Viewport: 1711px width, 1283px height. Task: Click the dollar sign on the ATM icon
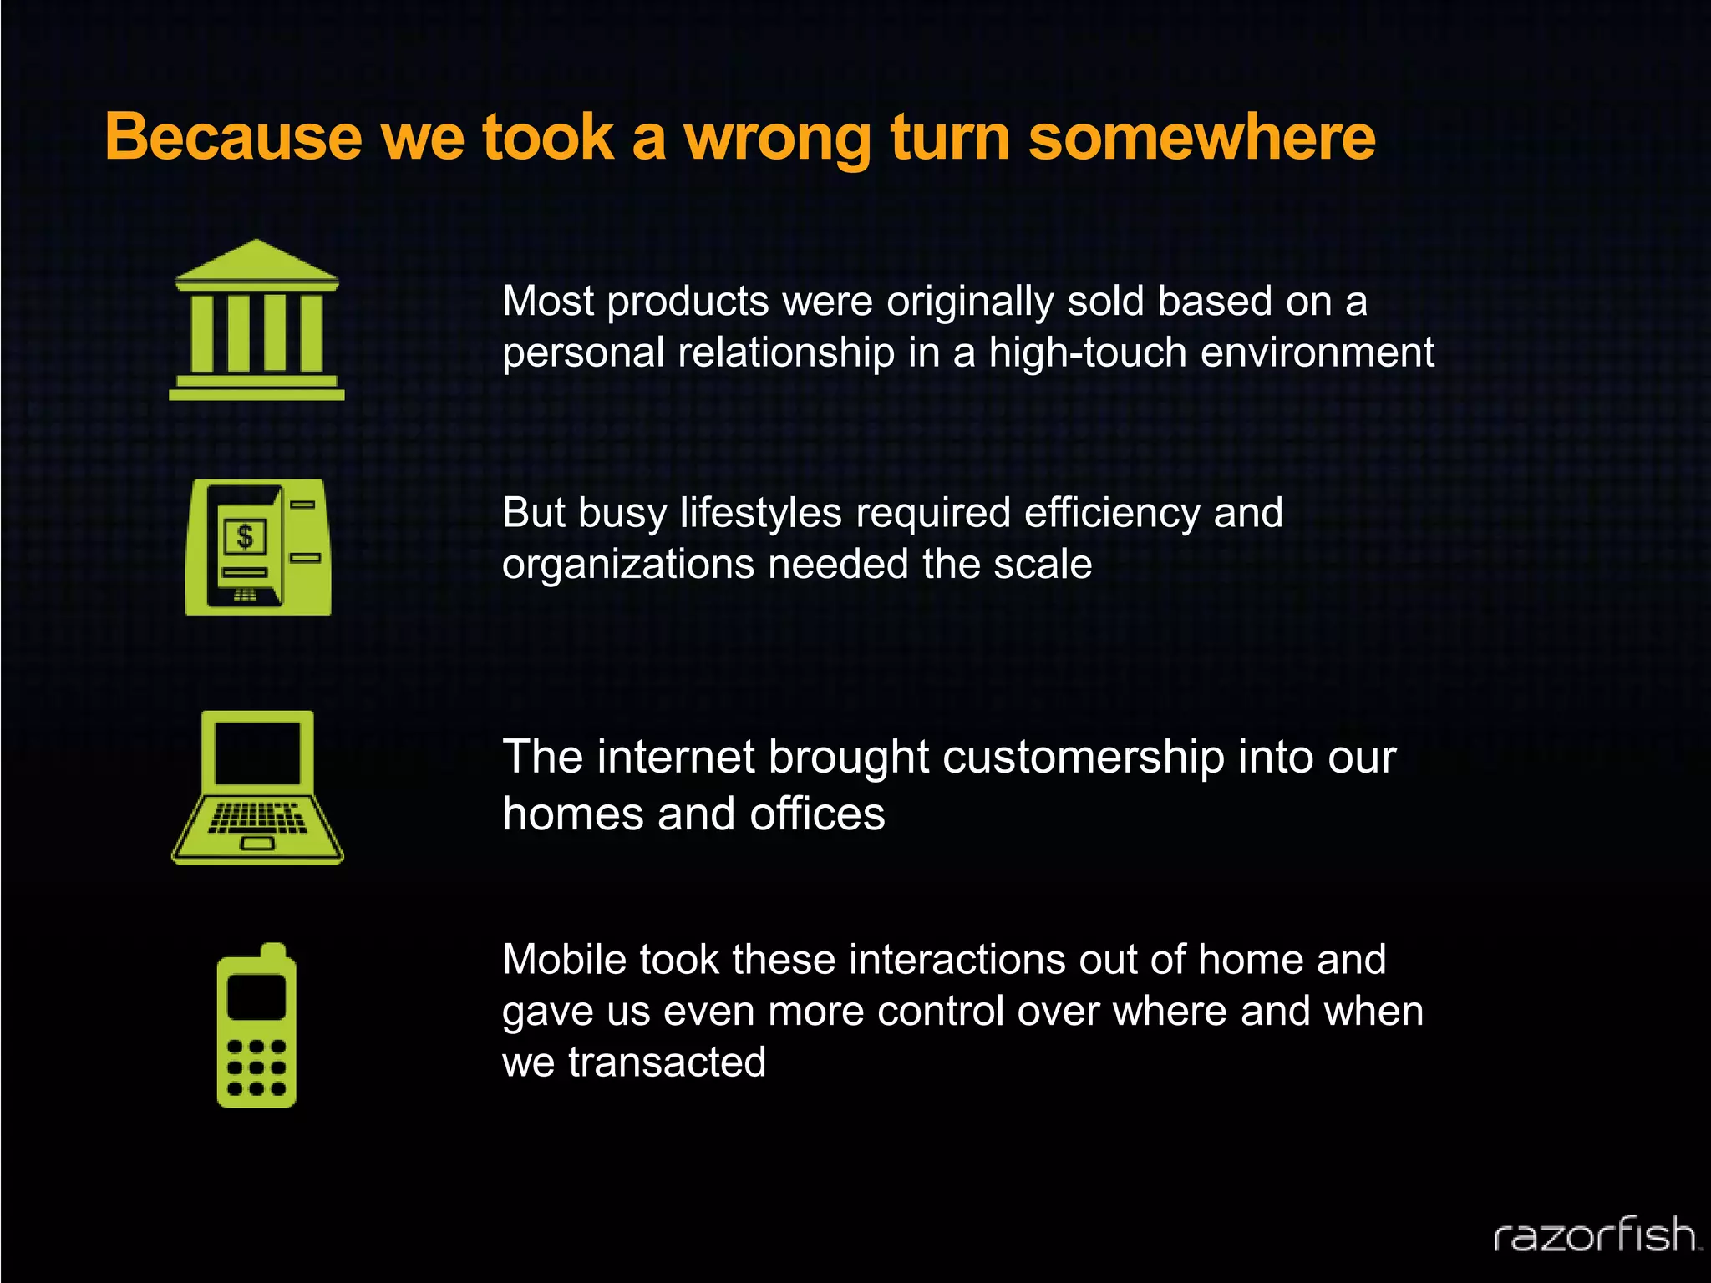point(244,536)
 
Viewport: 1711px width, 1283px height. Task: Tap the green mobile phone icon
point(256,1027)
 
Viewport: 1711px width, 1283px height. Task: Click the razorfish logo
point(1597,1235)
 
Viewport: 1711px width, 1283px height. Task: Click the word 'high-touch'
point(1088,352)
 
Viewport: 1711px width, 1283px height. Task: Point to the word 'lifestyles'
point(760,513)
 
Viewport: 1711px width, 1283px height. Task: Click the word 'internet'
point(676,758)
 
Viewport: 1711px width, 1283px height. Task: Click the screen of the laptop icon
point(257,753)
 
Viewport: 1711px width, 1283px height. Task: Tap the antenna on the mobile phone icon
point(273,952)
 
